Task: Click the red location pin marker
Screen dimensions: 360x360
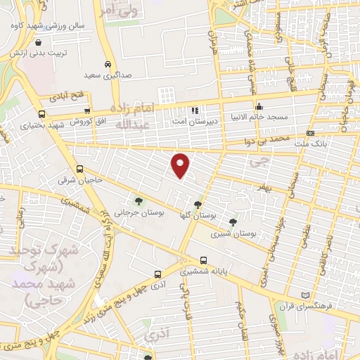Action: tap(181, 165)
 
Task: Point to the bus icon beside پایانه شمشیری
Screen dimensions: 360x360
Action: tap(203, 259)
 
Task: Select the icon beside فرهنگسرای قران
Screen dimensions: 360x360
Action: tap(304, 295)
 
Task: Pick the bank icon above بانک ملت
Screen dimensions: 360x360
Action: tap(310, 134)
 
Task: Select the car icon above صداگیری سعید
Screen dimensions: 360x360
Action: tap(108, 62)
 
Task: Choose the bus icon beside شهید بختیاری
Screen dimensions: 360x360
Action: tap(42, 114)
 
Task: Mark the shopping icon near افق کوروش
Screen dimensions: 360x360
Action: tap(86, 110)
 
